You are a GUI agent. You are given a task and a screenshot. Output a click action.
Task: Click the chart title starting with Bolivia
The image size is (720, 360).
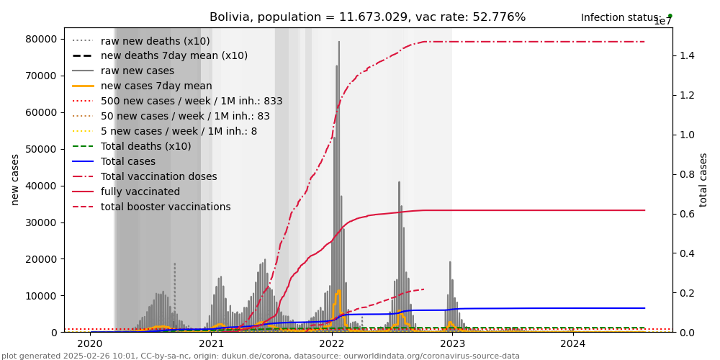pos(367,17)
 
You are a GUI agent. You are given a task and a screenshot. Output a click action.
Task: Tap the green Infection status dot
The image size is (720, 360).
pos(670,15)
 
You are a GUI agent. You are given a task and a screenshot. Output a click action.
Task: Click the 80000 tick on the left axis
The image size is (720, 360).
pos(44,39)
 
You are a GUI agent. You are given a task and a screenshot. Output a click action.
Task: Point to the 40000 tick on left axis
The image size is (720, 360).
pos(44,186)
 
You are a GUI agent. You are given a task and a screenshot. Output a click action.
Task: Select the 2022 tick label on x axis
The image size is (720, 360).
pos(332,343)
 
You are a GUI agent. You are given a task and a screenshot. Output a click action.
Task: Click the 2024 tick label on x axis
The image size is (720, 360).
pos(573,343)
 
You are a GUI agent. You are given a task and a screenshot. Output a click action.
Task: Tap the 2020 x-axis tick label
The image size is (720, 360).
pos(91,343)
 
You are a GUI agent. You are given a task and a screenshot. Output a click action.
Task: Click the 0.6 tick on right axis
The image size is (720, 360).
pos(685,214)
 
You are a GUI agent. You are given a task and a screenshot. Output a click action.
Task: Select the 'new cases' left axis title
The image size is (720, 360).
pos(14,179)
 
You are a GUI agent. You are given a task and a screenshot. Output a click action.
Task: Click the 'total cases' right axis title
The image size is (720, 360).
pos(704,179)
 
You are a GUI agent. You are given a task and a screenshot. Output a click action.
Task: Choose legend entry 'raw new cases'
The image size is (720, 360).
pos(137,71)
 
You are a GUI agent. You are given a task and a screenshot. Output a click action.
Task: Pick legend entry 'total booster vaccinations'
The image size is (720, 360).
pos(166,207)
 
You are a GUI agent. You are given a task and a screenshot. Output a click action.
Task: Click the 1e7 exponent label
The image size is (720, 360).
pos(662,22)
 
